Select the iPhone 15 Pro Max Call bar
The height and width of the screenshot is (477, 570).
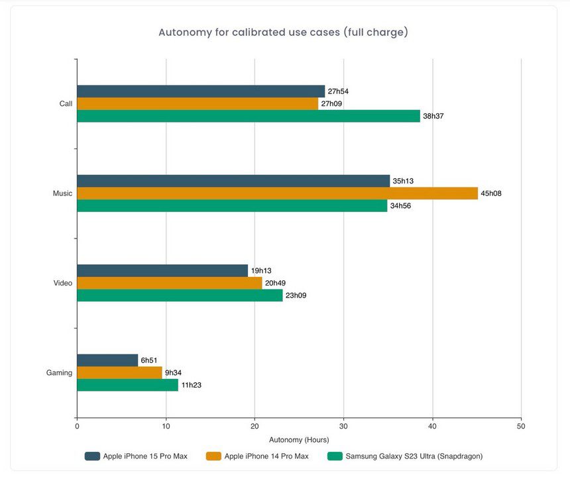tap(201, 91)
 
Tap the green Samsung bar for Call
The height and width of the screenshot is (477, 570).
tap(249, 116)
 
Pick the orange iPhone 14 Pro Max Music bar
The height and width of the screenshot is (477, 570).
tap(277, 193)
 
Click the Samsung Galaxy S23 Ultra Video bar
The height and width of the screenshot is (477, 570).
tap(180, 295)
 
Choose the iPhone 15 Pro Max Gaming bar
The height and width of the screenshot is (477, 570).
tap(107, 360)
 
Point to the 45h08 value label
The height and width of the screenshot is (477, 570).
tap(491, 193)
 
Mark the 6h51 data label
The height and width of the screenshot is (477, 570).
tap(150, 360)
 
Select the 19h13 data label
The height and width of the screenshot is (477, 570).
tap(261, 270)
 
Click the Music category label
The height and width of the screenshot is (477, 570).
tap(62, 193)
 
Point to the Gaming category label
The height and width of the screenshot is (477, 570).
tap(59, 373)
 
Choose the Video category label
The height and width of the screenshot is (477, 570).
tap(63, 283)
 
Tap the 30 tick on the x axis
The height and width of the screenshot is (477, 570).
tap(343, 426)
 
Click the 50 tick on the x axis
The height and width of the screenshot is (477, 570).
tap(521, 426)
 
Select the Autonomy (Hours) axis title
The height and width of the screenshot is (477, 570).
tap(299, 439)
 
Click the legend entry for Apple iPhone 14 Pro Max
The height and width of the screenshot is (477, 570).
tap(258, 456)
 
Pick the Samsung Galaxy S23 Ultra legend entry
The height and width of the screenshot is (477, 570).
tap(404, 456)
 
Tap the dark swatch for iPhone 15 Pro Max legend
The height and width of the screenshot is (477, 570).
tap(92, 456)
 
